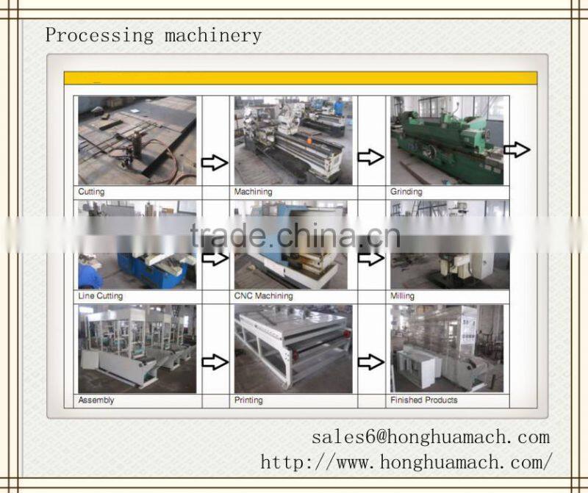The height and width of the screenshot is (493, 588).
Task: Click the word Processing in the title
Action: click(x=99, y=36)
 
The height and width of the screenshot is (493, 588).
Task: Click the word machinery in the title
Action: click(x=213, y=36)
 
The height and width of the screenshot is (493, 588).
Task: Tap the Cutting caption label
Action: click(x=91, y=192)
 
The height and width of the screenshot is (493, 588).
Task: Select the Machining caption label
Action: click(x=253, y=192)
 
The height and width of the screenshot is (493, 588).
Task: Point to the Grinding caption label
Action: click(x=406, y=192)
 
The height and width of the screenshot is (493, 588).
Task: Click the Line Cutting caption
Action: click(x=100, y=296)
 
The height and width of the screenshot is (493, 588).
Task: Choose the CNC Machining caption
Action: click(x=263, y=296)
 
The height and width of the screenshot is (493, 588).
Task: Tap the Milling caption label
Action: click(x=402, y=296)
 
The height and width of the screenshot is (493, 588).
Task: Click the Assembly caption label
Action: click(x=96, y=400)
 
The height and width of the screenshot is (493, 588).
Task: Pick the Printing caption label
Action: click(x=248, y=400)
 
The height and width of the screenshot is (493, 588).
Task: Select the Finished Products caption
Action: click(x=424, y=400)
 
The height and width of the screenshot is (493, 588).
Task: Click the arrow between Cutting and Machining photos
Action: click(x=215, y=162)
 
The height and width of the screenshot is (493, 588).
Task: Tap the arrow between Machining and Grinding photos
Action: click(x=370, y=156)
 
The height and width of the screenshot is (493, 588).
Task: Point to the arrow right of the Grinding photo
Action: click(x=517, y=150)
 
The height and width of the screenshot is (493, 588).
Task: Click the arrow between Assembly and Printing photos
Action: click(x=215, y=361)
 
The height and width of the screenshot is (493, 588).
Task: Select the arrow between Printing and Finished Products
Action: click(x=371, y=361)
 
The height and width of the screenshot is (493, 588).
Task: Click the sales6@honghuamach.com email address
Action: click(x=431, y=437)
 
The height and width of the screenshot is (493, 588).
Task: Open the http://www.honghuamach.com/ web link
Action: click(x=406, y=462)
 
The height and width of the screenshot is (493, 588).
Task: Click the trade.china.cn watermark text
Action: click(x=295, y=236)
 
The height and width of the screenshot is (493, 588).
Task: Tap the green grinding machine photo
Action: click(x=447, y=140)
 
